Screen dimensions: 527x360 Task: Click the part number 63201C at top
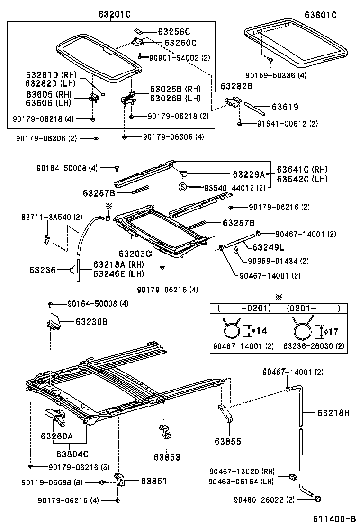(x=114, y=15)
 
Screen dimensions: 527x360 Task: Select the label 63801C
(x=320, y=15)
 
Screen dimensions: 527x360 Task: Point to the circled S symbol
(x=182, y=187)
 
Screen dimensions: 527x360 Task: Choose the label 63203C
(x=135, y=254)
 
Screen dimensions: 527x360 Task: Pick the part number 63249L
(x=268, y=247)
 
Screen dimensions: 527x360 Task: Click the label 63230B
(x=91, y=322)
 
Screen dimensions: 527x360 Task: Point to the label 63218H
(x=333, y=413)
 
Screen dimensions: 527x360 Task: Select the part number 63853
(x=167, y=457)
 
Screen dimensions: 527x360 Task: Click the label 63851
(x=153, y=481)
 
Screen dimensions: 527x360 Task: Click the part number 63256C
(x=173, y=32)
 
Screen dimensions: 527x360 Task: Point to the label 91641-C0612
(x=280, y=124)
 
